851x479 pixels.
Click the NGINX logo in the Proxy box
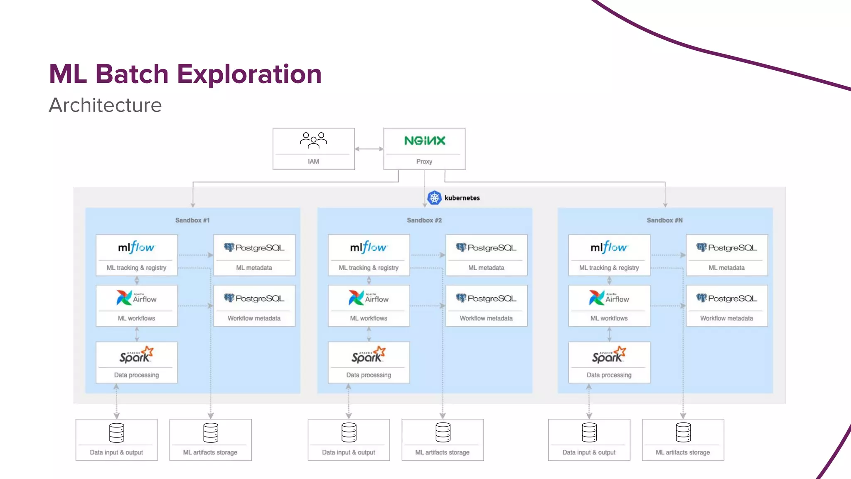(424, 141)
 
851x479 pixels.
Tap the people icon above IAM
(313, 141)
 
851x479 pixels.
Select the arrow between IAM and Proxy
(369, 149)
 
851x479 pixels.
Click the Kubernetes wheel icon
(434, 198)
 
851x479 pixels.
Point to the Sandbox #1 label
(192, 220)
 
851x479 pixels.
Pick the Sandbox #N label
(664, 220)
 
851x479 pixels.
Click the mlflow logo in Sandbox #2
(368, 247)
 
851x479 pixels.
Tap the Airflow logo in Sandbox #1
(136, 298)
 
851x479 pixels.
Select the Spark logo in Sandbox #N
(609, 355)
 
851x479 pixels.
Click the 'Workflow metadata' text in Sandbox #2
(486, 318)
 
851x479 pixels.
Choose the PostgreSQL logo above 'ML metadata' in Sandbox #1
(254, 248)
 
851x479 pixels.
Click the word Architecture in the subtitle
(105, 105)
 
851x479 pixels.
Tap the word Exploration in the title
(249, 74)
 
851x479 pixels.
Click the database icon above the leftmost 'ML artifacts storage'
(211, 433)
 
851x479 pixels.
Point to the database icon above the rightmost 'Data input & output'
(589, 433)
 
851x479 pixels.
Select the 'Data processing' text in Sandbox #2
(369, 375)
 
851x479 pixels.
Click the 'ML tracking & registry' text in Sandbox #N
(609, 268)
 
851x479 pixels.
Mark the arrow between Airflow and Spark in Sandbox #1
(137, 334)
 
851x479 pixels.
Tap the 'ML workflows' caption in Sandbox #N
(609, 318)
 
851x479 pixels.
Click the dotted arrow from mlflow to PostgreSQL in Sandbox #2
(427, 255)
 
